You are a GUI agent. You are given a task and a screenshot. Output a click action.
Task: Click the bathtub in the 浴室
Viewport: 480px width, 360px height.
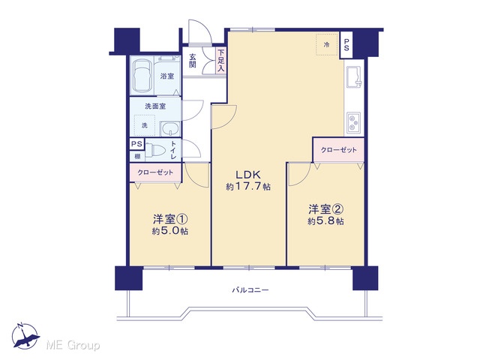[x=142, y=75]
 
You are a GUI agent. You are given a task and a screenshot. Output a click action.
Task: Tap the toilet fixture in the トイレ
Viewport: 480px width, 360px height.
[x=155, y=150]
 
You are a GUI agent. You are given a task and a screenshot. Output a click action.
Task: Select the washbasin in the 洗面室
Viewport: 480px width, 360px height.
[x=170, y=128]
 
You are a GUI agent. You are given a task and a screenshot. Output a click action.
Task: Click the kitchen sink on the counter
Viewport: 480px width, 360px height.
[x=354, y=76]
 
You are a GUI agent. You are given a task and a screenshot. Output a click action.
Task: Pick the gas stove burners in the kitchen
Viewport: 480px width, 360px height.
[x=354, y=123]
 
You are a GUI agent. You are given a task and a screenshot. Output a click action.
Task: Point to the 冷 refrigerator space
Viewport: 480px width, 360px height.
[x=327, y=44]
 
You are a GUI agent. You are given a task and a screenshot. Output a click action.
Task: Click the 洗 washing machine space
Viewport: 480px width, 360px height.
[x=145, y=125]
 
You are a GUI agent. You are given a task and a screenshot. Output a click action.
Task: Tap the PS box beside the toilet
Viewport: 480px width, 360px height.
[x=136, y=144]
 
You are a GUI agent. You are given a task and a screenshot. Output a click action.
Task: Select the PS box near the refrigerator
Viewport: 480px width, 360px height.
[x=346, y=45]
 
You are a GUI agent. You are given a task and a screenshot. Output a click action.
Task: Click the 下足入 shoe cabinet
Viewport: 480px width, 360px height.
[x=220, y=61]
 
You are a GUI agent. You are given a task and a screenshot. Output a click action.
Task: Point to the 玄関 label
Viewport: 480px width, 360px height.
[x=192, y=61]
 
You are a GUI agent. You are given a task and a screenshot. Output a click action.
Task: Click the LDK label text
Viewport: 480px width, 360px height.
[x=248, y=175]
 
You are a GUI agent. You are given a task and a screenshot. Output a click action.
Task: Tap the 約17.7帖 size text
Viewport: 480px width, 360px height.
[x=248, y=187]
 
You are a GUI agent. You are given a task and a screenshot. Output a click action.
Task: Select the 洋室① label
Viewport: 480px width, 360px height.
[x=170, y=219]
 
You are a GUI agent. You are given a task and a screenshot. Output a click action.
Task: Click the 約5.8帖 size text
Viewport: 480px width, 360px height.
[x=325, y=221]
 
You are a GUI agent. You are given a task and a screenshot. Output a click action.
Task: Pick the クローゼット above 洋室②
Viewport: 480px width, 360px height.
[x=338, y=150]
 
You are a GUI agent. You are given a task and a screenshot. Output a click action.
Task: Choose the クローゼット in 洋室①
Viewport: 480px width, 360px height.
[x=155, y=172]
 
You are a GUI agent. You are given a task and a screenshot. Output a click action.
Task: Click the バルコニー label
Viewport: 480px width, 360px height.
[x=250, y=289]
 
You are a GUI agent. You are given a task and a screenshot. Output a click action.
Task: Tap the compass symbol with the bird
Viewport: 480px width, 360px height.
[x=25, y=336]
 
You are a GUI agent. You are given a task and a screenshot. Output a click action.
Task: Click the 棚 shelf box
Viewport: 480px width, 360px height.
[x=137, y=157]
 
